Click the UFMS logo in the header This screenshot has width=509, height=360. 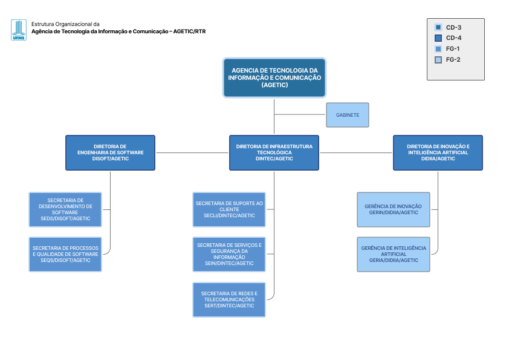[x=19, y=30]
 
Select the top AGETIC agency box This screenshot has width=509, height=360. [x=274, y=77]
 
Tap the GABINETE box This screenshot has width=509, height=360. [x=348, y=115]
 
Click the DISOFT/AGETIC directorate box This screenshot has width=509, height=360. [x=111, y=152]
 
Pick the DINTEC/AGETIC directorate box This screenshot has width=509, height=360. [x=274, y=152]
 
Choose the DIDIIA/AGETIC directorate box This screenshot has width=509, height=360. [x=438, y=152]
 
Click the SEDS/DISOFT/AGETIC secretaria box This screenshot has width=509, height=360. [x=65, y=209]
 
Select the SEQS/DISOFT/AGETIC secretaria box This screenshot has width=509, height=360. [x=65, y=254]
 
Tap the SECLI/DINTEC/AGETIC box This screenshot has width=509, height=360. [x=229, y=209]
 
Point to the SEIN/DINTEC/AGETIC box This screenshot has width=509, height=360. [x=229, y=254]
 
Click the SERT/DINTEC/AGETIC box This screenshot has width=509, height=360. [x=229, y=299]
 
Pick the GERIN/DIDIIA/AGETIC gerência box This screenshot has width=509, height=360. [x=394, y=209]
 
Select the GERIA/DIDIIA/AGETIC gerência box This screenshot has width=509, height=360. [x=394, y=254]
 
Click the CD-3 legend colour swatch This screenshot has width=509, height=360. [x=438, y=27]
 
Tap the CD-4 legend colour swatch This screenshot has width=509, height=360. [x=438, y=38]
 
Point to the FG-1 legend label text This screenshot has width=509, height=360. [x=453, y=49]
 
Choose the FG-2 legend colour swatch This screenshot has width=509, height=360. [x=438, y=60]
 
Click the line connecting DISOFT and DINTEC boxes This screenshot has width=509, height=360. [x=192, y=152]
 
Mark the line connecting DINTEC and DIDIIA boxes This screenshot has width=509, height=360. [x=356, y=152]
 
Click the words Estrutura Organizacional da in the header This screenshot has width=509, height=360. [x=65, y=24]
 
